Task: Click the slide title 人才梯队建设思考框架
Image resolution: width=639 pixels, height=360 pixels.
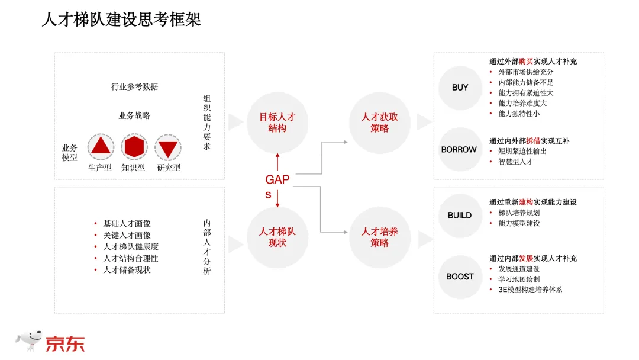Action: (121, 20)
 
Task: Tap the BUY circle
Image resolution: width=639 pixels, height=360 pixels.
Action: (460, 88)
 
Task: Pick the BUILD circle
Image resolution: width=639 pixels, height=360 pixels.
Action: (460, 216)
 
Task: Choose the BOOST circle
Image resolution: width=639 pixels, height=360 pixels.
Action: (460, 277)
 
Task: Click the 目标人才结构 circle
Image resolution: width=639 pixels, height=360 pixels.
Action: (277, 123)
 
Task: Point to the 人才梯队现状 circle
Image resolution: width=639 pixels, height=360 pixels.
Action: (277, 237)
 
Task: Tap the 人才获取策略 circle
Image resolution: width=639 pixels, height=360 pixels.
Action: (379, 123)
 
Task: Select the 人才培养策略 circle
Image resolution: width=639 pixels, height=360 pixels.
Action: (379, 237)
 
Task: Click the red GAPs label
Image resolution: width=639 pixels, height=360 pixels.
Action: (277, 186)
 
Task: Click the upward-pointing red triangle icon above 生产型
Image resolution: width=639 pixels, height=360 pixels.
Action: (101, 146)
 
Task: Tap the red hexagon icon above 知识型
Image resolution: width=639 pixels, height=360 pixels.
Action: (134, 146)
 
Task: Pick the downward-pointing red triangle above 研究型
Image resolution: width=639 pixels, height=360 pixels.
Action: (168, 147)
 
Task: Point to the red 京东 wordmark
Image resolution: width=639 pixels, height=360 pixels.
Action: (66, 343)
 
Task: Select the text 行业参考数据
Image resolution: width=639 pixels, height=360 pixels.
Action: (134, 86)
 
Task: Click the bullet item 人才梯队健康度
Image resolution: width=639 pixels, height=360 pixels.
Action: (131, 246)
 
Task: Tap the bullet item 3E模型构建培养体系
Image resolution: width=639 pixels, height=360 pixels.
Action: (530, 290)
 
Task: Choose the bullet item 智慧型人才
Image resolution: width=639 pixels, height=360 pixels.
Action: (515, 161)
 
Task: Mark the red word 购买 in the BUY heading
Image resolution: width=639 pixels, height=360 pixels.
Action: (526, 62)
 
